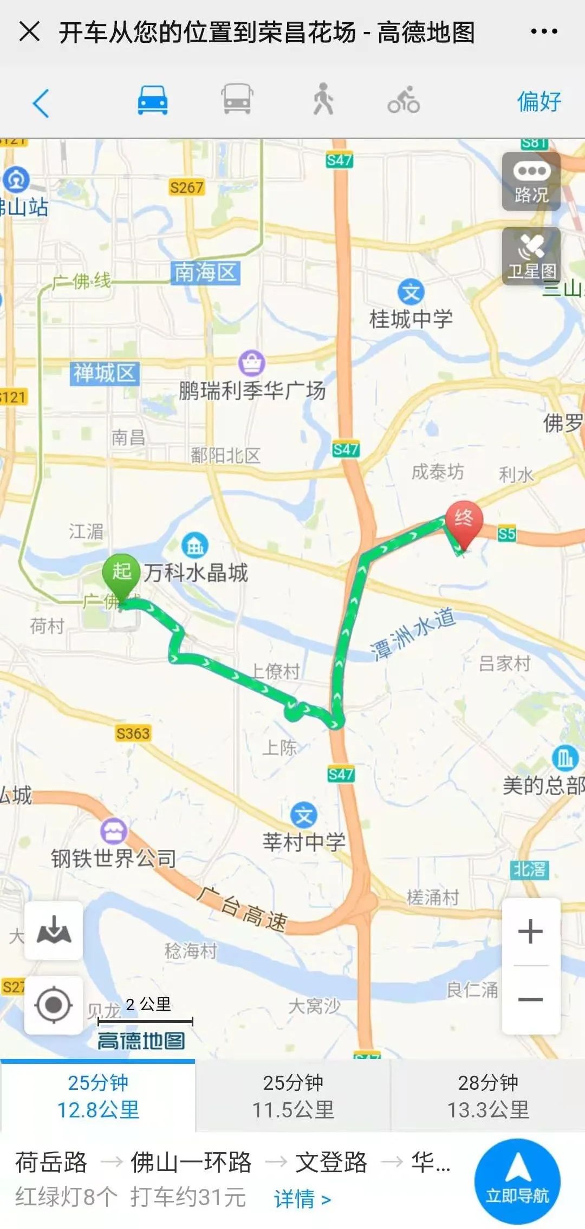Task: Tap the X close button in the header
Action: (x=29, y=31)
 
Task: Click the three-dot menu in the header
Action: (x=544, y=31)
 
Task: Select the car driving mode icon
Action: (x=152, y=100)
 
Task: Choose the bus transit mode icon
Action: (x=237, y=100)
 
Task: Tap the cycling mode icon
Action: (x=404, y=100)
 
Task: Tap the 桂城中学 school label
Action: (x=411, y=318)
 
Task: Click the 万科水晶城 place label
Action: (x=196, y=573)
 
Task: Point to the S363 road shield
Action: (x=133, y=733)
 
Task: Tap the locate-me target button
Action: (x=53, y=1005)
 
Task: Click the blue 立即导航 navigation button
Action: (x=517, y=1181)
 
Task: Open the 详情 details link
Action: (x=302, y=1199)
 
